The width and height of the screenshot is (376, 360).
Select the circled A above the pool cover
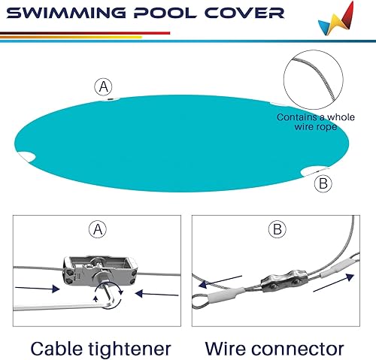click(x=105, y=86)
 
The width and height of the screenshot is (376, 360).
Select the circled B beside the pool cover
click(x=323, y=183)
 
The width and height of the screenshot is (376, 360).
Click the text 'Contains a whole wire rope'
click(x=316, y=123)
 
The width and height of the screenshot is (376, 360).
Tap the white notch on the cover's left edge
click(x=28, y=156)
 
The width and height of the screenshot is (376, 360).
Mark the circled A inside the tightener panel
click(x=97, y=228)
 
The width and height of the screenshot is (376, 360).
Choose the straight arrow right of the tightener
click(x=158, y=293)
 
